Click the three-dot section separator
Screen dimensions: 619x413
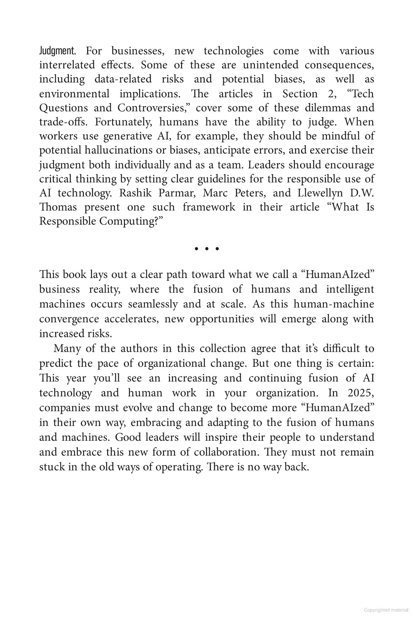(x=207, y=249)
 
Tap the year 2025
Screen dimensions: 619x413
(x=361, y=393)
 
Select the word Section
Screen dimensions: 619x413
(x=300, y=93)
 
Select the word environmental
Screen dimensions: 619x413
(x=74, y=93)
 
